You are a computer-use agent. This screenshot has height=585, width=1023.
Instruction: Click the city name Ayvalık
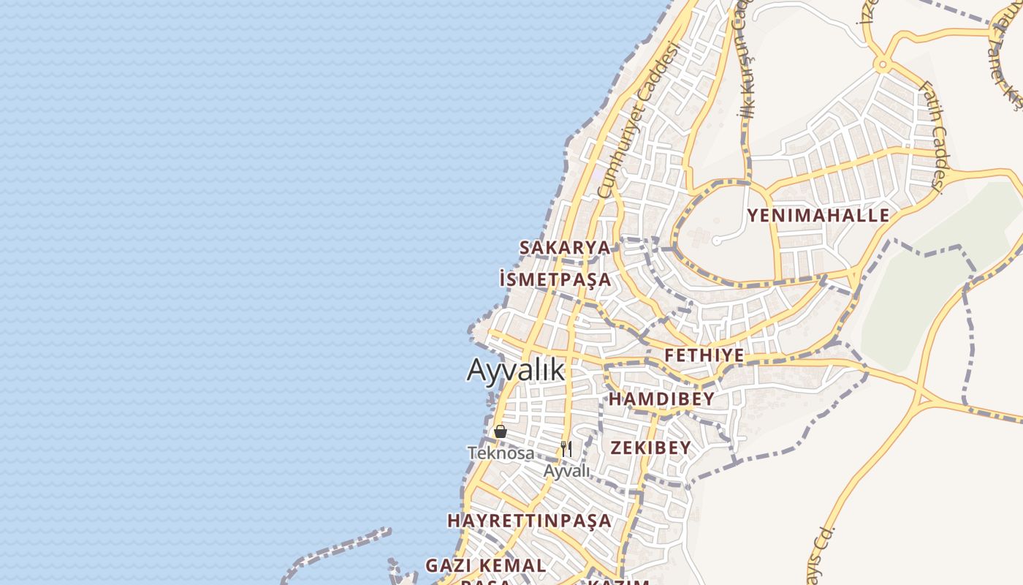[x=516, y=370]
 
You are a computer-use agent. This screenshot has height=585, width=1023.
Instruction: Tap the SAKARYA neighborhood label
[x=565, y=247]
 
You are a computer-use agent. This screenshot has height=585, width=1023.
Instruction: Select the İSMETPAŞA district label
[x=555, y=279]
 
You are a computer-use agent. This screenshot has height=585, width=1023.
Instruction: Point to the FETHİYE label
[x=704, y=356]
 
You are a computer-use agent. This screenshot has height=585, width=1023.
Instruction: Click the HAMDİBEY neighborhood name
[x=661, y=399]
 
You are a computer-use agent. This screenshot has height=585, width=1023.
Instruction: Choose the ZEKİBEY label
[x=650, y=448]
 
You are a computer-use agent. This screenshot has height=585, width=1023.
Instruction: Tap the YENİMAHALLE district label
[x=818, y=216]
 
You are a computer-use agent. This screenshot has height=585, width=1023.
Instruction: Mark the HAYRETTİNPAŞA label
[x=530, y=521]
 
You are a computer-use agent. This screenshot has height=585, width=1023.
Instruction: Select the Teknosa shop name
[x=501, y=453]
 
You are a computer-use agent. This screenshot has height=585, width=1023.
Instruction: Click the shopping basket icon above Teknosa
[x=501, y=431]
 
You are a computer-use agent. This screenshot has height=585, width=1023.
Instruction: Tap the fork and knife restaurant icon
[x=566, y=448]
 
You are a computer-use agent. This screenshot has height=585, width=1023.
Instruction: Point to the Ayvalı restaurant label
[x=566, y=472]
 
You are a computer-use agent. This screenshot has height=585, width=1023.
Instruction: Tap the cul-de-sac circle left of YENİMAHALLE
[x=717, y=241]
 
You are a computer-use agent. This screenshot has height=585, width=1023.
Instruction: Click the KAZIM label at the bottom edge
[x=619, y=582]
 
